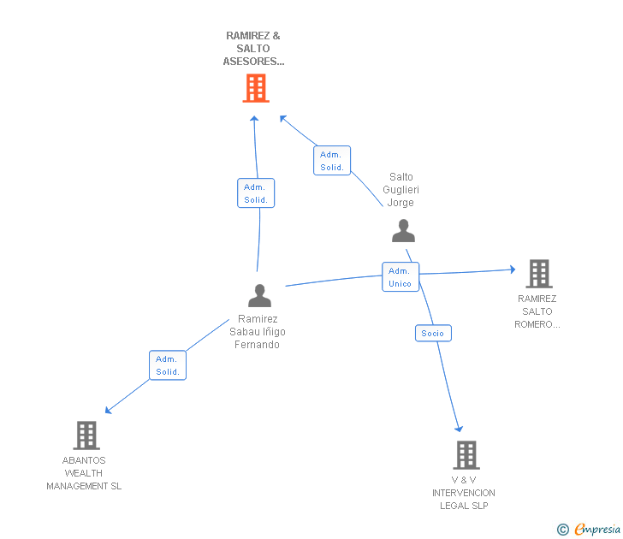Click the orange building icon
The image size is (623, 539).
coord(256,88)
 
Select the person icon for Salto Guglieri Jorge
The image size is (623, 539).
coord(403,230)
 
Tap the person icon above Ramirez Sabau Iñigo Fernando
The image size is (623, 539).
coord(259,295)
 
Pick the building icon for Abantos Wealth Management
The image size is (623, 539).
coord(86,435)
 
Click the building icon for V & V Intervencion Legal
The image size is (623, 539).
coord(466,455)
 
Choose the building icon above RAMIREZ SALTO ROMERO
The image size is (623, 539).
coord(539,274)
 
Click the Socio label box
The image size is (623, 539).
coord(433,334)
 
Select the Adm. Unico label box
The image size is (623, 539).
coord(400,277)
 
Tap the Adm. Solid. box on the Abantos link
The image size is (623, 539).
coord(168,365)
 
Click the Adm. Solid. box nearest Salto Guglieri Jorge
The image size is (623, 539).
coord(332,161)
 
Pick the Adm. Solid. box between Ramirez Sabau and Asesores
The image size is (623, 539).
coord(256,193)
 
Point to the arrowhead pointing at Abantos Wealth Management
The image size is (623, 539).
coord(108,411)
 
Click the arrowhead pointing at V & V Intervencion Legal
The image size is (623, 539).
coord(459,429)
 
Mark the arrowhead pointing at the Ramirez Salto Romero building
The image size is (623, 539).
coord(513,269)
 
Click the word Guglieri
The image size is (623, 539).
coord(400,190)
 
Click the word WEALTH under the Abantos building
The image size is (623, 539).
coord(84,473)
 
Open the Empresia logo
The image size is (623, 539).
coord(597,529)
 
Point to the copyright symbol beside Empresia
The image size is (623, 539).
coord(563,530)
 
